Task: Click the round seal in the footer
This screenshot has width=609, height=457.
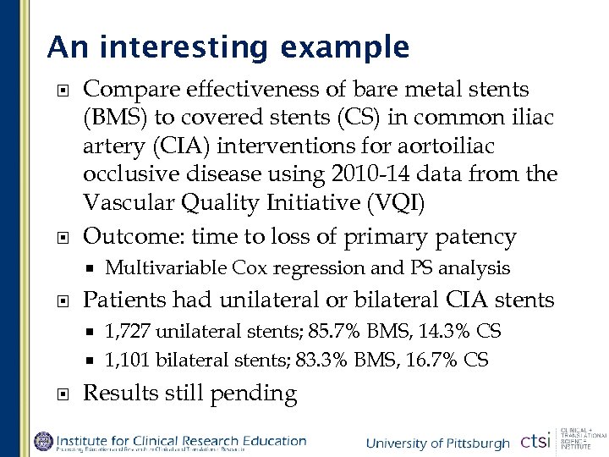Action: (x=43, y=441)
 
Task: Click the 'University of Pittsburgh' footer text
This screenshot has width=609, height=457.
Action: (x=437, y=443)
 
